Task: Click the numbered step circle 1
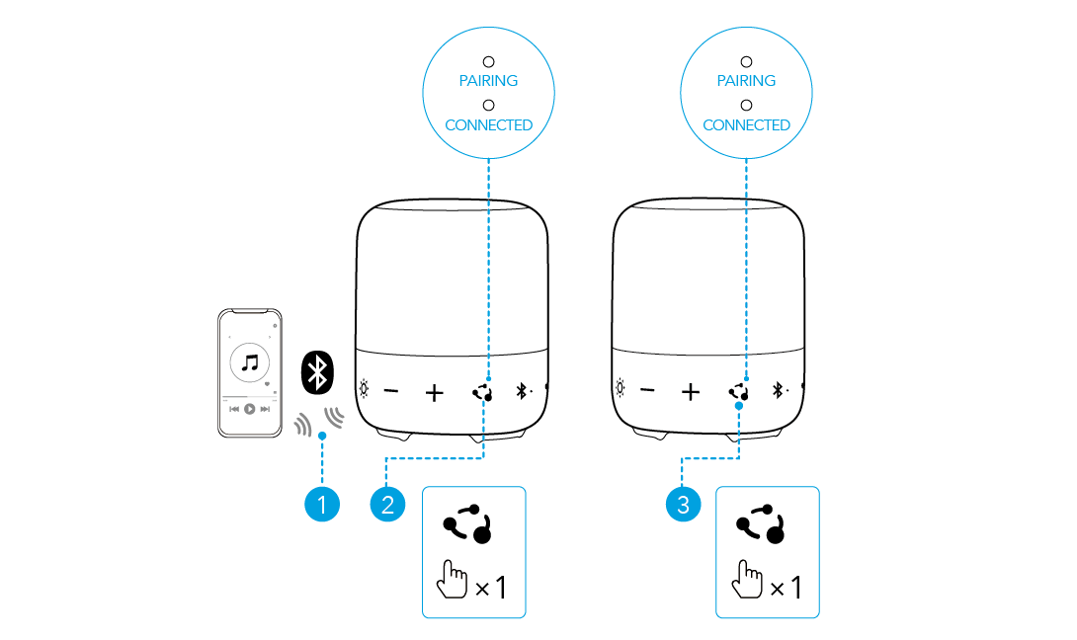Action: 321,505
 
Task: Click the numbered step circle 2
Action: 387,505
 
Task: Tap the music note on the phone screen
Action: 250,362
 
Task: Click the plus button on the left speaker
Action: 435,392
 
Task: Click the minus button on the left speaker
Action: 391,391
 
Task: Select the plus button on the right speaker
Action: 691,392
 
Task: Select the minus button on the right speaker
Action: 647,391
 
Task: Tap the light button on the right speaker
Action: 620,389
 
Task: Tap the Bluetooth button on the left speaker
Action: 523,391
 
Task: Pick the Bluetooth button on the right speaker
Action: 779,391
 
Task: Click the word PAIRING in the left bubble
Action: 488,81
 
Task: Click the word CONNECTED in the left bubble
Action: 488,125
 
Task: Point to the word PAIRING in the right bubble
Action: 746,81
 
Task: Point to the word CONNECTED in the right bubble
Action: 746,125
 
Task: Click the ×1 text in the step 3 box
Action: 787,589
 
